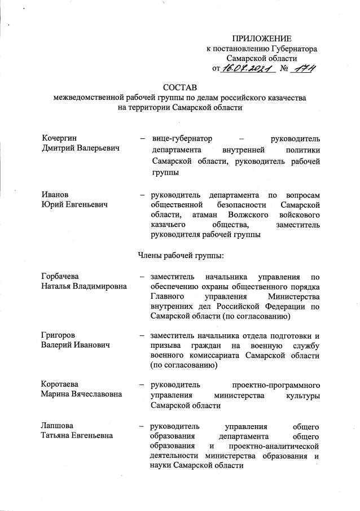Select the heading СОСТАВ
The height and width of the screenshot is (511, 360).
click(179, 88)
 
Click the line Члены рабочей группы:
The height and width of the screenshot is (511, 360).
click(181, 255)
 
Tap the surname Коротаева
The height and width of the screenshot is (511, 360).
click(62, 384)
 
